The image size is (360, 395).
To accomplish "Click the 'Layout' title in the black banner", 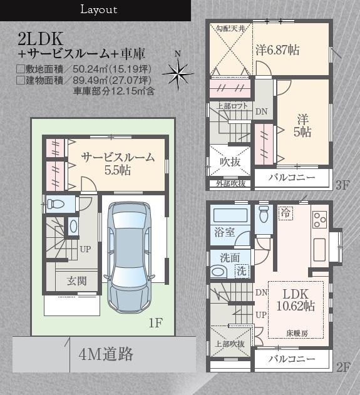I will point(98,10).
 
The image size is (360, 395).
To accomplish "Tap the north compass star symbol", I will point(178,74).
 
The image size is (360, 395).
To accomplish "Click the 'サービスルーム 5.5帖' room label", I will point(118,163).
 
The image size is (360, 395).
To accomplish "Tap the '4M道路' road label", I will point(106,354).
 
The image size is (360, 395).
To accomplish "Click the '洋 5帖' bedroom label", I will point(304,125).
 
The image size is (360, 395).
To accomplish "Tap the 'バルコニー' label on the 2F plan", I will point(292,359).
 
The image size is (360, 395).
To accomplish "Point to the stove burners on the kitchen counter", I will point(319,220).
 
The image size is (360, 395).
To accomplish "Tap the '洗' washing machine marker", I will point(241,270).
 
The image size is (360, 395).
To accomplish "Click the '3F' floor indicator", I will point(342,185).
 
